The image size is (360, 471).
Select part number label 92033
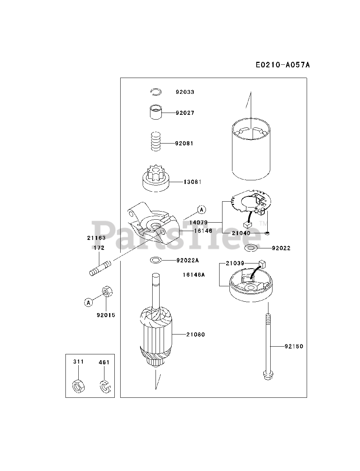click(185, 92)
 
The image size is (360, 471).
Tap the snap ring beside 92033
click(156, 92)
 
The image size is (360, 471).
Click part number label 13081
click(193, 182)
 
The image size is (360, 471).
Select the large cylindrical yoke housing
click(251, 150)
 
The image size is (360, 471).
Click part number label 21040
click(241, 233)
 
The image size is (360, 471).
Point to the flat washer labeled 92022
click(252, 248)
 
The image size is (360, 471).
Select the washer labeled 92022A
click(156, 261)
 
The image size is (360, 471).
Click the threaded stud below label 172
click(100, 268)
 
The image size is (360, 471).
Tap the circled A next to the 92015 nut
click(88, 302)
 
